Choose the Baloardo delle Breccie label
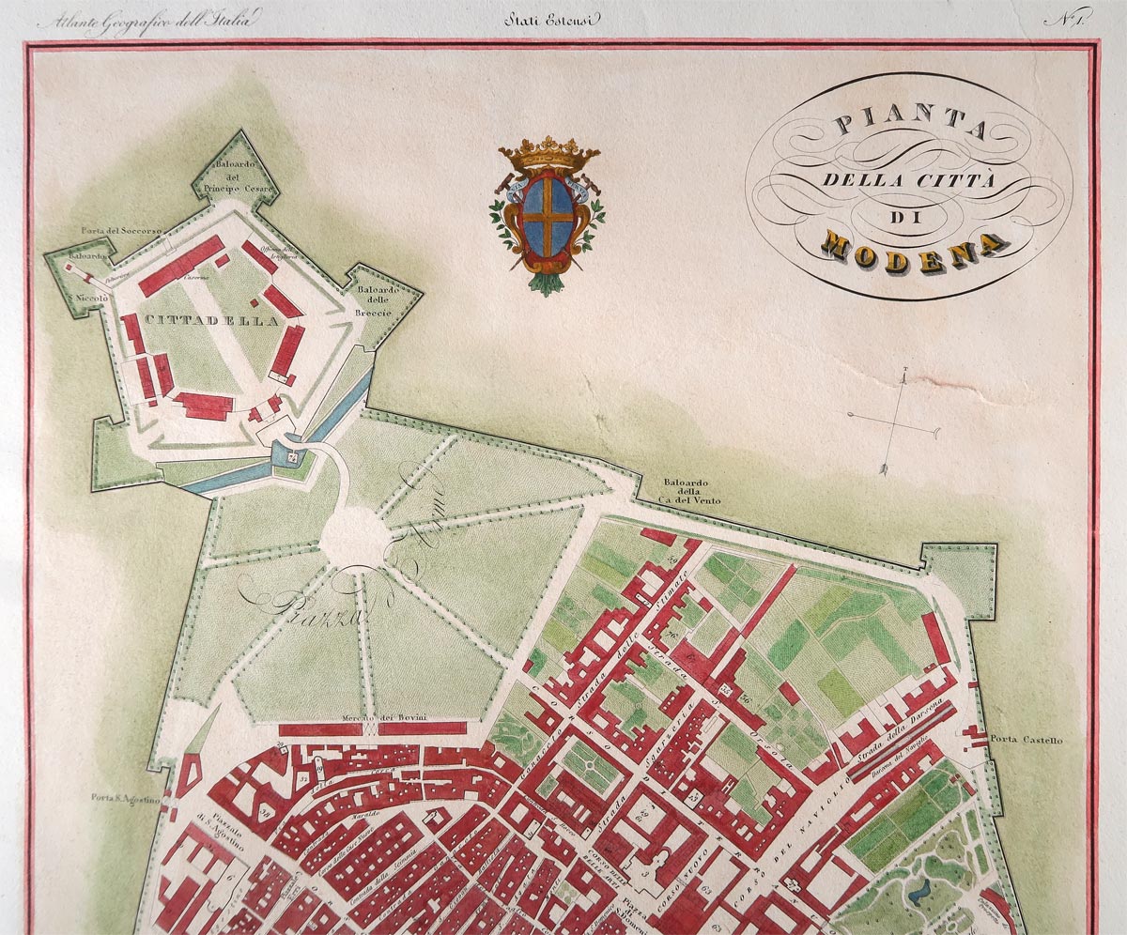point(378,299)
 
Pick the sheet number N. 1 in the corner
point(1068,20)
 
